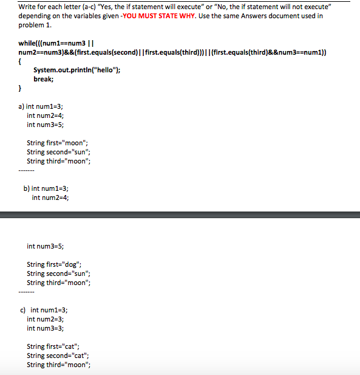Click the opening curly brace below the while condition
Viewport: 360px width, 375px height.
click(x=21, y=62)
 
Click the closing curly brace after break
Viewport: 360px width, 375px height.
click(x=21, y=89)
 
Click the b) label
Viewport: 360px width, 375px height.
click(x=26, y=188)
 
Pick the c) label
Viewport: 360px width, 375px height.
click(x=24, y=310)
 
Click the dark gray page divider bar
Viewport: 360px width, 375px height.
click(x=180, y=214)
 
